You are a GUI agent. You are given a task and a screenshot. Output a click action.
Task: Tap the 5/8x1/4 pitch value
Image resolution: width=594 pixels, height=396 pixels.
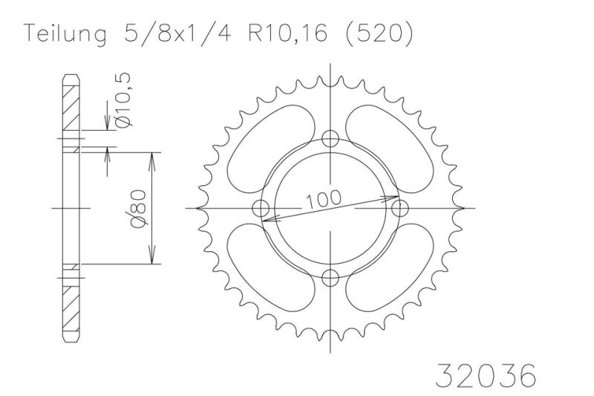177,34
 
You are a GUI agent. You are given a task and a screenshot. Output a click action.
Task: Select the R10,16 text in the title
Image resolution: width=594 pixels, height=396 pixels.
287,34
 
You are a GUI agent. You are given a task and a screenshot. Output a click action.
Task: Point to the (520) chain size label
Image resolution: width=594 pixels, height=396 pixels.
379,34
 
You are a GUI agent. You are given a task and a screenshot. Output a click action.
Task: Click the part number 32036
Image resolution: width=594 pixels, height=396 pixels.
486,375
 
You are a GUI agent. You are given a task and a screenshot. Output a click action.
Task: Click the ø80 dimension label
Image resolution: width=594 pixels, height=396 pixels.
138,209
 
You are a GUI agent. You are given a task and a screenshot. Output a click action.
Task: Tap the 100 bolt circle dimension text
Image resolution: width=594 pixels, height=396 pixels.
323,200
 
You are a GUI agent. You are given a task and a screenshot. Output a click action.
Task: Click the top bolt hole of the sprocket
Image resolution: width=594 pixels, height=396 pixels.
330,139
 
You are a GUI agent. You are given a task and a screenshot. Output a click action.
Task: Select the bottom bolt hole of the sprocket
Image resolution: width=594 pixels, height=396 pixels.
330,278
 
